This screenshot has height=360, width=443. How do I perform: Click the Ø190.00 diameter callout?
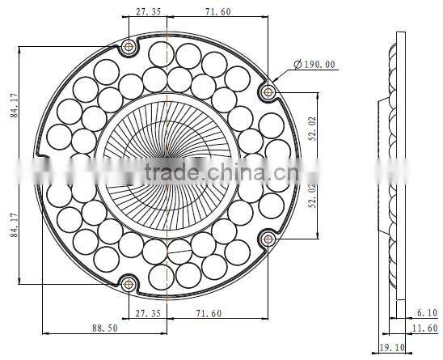[308, 65]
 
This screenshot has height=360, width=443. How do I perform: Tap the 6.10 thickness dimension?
[425, 312]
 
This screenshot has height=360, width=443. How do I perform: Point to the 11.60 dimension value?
[424, 328]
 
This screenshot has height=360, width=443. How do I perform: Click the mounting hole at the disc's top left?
[128, 47]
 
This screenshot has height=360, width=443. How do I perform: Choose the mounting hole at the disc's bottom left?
[128, 282]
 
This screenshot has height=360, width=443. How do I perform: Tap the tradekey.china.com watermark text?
[211, 172]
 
